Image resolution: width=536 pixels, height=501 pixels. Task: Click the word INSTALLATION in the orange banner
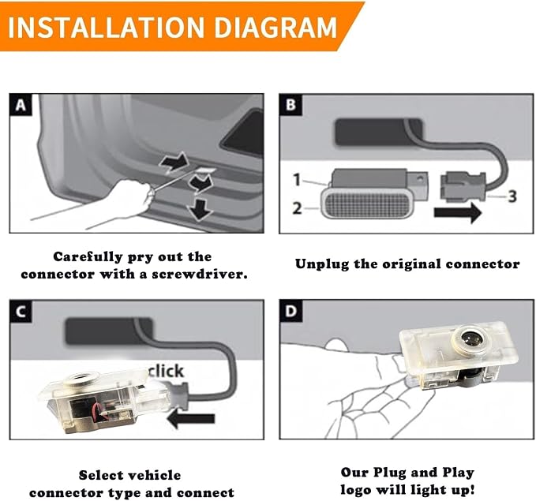click(x=106, y=27)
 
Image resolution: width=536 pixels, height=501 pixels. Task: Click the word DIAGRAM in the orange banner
click(x=275, y=27)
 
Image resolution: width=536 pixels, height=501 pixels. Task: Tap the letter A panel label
click(x=21, y=105)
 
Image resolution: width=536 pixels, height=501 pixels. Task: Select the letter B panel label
click(x=290, y=105)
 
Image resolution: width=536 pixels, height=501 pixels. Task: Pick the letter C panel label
click(x=21, y=312)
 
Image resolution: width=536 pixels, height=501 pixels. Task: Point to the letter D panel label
click(x=291, y=312)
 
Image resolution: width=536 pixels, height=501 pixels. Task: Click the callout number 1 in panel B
click(x=297, y=180)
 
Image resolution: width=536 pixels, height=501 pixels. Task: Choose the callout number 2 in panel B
click(x=297, y=208)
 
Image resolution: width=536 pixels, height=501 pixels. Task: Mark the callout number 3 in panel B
click(x=512, y=196)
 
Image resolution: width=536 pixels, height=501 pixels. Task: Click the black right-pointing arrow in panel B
click(x=458, y=212)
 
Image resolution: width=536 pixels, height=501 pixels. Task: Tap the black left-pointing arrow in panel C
click(x=191, y=419)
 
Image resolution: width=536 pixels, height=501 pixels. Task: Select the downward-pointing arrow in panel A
click(x=199, y=210)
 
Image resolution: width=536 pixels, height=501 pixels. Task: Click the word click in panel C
click(x=166, y=371)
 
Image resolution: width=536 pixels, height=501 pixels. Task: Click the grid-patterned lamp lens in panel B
click(x=368, y=205)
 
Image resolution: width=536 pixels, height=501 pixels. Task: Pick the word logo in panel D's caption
click(x=356, y=490)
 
